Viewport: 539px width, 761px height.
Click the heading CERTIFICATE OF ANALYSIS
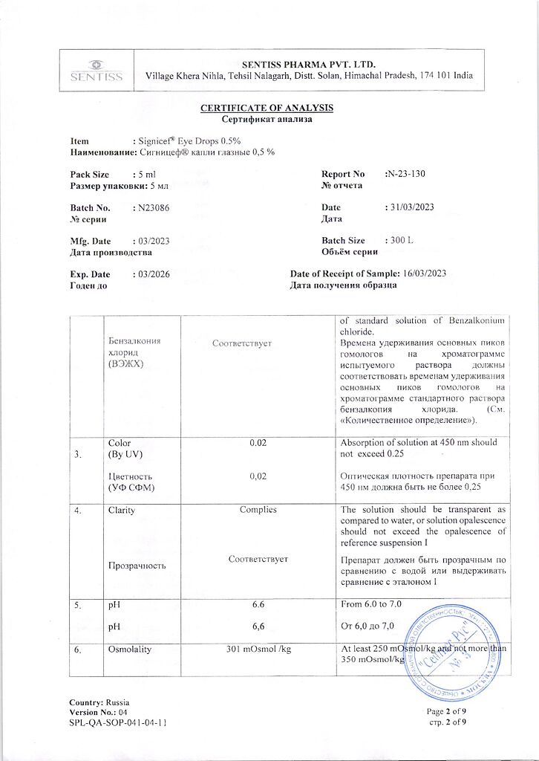[x=267, y=108]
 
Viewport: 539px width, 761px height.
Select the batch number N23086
[x=151, y=208]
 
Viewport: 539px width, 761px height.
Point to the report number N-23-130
[x=407, y=174]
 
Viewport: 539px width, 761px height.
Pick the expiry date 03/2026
[x=153, y=274]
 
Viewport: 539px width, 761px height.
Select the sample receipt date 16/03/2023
[x=424, y=274]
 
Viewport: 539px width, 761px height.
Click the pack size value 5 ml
[x=146, y=174]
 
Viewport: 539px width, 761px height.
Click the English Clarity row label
[x=121, y=510]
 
